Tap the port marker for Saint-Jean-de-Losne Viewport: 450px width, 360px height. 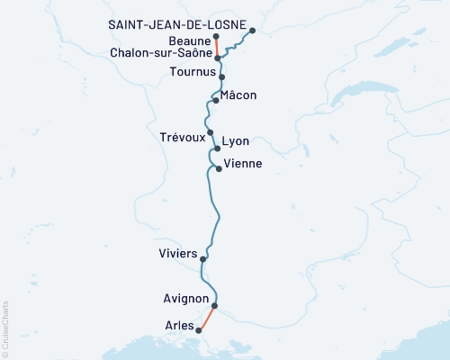[252, 31]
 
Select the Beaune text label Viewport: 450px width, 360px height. [190, 40]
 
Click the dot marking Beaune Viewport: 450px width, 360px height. [216, 37]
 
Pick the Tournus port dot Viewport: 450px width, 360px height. [221, 77]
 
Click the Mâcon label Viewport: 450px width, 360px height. [239, 94]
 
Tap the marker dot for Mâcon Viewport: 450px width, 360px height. [216, 101]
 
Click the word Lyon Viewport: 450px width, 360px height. [236, 141]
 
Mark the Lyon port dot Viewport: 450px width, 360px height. [217, 148]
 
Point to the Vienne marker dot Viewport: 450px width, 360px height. [218, 168]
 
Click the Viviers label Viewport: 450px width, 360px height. [176, 254]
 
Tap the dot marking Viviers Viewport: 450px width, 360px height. [203, 259]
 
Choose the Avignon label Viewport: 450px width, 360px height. [188, 299]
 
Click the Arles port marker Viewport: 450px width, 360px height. [200, 330]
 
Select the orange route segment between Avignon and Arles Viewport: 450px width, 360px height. [207, 318]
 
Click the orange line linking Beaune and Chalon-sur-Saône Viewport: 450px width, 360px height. [217, 47]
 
